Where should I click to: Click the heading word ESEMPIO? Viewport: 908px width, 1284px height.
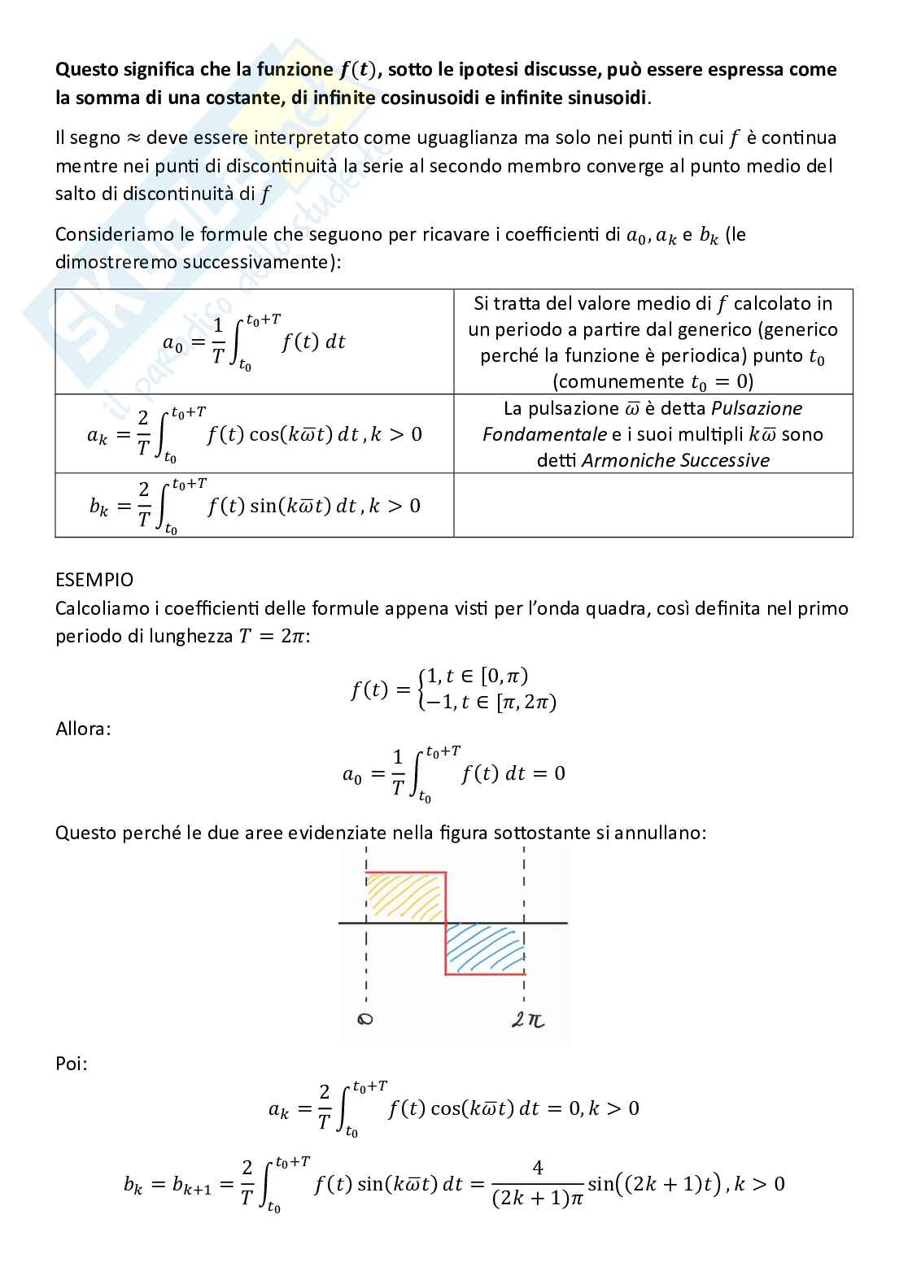pyautogui.click(x=94, y=581)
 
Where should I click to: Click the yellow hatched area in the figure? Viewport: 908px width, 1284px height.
pyautogui.click(x=404, y=896)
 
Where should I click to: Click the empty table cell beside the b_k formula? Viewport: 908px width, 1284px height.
pyautogui.click(x=653, y=505)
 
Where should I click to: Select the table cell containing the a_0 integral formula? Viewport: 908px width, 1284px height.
pyautogui.click(x=254, y=342)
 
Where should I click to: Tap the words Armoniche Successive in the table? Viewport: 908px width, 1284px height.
pyautogui.click(x=675, y=460)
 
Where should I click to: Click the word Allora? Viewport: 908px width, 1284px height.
pyautogui.click(x=83, y=729)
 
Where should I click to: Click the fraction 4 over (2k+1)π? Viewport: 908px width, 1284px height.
pyautogui.click(x=538, y=1183)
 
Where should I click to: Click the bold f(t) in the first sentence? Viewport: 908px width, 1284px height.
pyautogui.click(x=357, y=70)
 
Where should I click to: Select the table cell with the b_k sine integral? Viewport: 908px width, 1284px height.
pyautogui.click(x=254, y=506)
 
